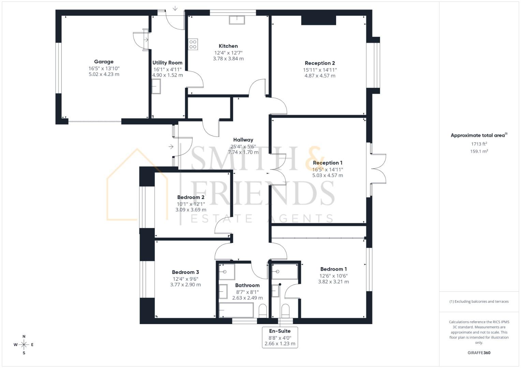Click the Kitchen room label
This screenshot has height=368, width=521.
coord(228,46)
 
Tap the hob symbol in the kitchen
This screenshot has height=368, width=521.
coord(193,45)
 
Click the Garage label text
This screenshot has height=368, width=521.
coord(104,62)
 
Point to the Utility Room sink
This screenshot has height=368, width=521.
coord(156,86)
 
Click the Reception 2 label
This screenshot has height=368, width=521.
coord(320,63)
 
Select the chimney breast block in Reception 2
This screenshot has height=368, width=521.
coord(319,20)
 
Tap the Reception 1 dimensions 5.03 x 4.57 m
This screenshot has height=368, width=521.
coord(328,175)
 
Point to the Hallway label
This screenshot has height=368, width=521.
coord(243,140)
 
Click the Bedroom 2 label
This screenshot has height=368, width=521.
coord(191,197)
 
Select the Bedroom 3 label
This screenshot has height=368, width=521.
coord(185,272)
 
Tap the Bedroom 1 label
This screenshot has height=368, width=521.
coord(333,269)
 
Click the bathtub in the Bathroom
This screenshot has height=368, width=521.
coord(236,310)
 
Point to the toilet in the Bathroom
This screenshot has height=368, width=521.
coord(263,311)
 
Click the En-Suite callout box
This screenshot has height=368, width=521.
coord(280,337)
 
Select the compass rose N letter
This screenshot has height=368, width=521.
coord(24,337)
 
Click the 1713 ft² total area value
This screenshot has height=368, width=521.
coord(479,144)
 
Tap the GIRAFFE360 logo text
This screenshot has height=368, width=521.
coord(479,353)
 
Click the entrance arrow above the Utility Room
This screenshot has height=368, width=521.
coord(175,8)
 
